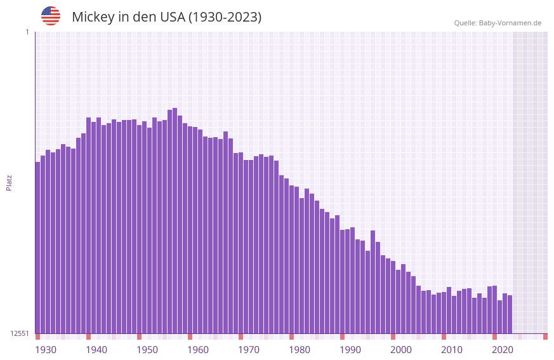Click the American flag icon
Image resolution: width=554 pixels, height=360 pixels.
click(x=51, y=16)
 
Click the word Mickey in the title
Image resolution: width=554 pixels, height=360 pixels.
click(x=93, y=17)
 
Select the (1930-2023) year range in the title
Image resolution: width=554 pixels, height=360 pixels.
click(x=225, y=17)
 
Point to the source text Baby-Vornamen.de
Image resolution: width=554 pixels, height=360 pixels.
click(x=510, y=23)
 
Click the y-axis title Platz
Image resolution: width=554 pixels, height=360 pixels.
click(x=9, y=182)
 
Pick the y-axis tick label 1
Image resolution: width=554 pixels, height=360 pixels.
click(x=27, y=32)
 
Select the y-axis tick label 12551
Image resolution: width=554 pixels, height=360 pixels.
click(x=20, y=333)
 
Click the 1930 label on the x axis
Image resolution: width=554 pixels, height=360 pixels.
click(x=46, y=350)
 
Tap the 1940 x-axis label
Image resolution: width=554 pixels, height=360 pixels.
click(x=96, y=350)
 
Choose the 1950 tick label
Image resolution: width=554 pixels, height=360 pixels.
click(x=147, y=350)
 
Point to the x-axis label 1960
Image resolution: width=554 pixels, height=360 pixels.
click(x=198, y=350)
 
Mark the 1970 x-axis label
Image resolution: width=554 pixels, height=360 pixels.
click(x=249, y=350)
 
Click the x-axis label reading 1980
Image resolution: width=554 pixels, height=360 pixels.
click(x=300, y=350)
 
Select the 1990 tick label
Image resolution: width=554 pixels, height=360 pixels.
click(x=350, y=350)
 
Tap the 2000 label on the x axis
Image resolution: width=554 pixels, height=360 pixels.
click(x=401, y=350)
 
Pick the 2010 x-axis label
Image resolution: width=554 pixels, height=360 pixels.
click(x=452, y=350)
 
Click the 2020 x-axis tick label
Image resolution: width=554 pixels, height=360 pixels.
click(x=503, y=350)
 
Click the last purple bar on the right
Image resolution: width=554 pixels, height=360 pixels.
click(x=510, y=314)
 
